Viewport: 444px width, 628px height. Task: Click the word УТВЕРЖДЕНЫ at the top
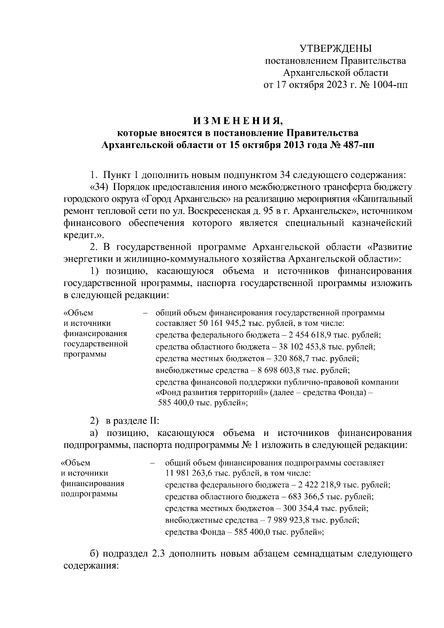[x=335, y=48]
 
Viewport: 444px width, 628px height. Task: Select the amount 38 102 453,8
[x=305, y=347]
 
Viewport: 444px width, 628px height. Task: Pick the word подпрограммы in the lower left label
[x=89, y=494]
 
